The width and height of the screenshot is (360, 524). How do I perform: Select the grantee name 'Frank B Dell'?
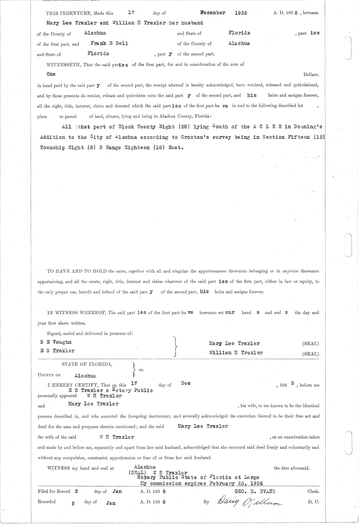[x=109, y=43]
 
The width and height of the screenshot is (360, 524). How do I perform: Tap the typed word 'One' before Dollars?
[x=51, y=74]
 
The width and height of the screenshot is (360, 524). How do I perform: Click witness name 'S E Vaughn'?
[x=56, y=342]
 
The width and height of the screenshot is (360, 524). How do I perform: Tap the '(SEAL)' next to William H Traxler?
[x=310, y=354]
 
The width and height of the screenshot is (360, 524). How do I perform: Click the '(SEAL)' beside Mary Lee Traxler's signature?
[x=310, y=344]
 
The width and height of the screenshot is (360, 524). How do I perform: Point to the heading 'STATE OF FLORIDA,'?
[x=87, y=364]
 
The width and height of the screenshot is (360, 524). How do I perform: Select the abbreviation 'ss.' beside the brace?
[x=141, y=370]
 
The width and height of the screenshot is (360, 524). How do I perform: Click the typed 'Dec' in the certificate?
[x=186, y=383]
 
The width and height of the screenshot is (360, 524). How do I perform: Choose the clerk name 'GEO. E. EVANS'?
[x=256, y=491]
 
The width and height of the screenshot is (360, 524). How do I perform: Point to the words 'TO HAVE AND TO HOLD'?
[x=77, y=271]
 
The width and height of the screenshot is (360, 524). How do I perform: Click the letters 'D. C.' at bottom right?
[x=313, y=501]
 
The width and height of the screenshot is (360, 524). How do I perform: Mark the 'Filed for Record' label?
[x=54, y=491]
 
